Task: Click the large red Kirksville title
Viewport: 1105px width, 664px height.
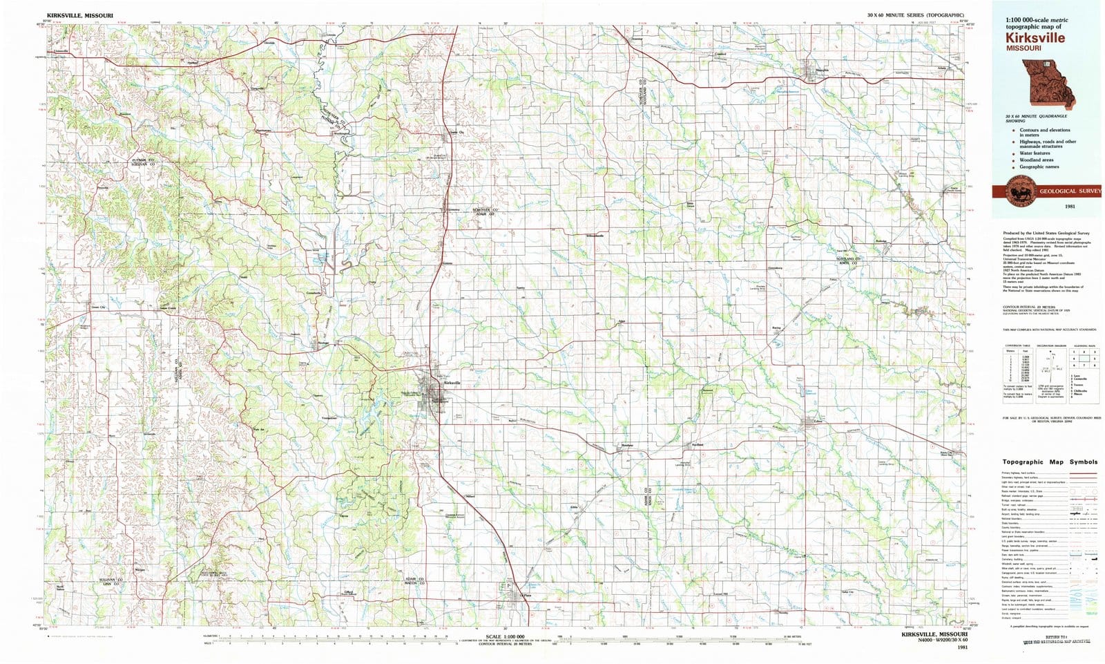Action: click(x=1035, y=38)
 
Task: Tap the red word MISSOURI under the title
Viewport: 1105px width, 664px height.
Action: click(x=1024, y=48)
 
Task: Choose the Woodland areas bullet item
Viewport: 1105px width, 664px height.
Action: click(x=1036, y=160)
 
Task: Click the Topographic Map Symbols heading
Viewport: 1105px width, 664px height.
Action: click(x=1049, y=462)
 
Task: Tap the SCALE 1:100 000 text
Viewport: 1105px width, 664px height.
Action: click(x=505, y=636)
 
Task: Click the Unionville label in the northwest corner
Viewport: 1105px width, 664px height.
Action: click(x=61, y=51)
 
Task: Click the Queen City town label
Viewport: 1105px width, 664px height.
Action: click(x=456, y=133)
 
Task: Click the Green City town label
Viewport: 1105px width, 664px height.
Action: click(x=98, y=307)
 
